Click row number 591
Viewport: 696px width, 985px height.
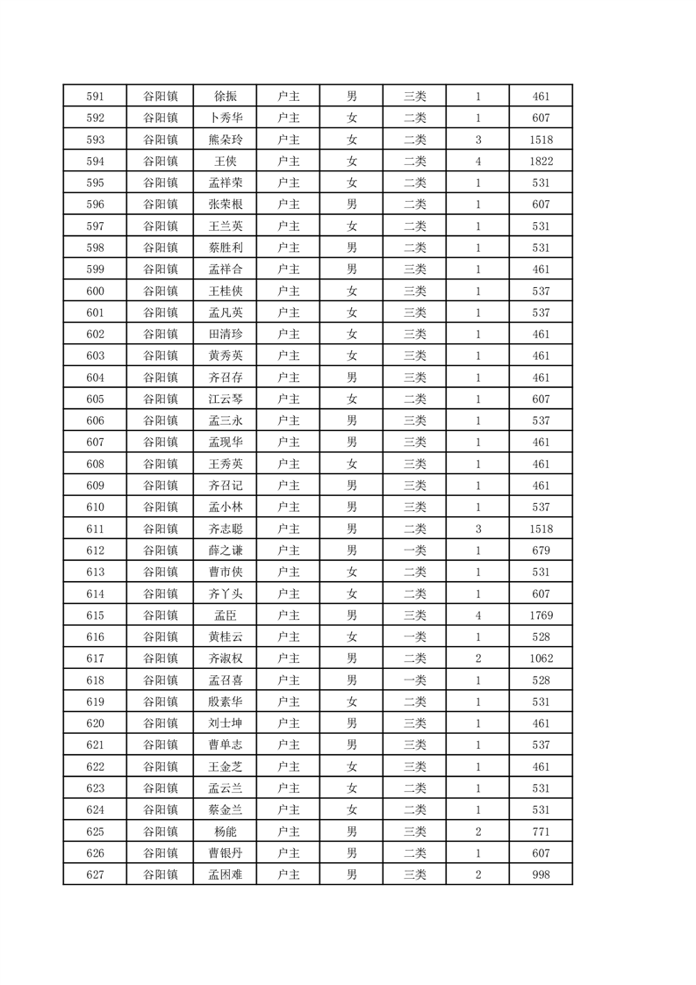(x=95, y=96)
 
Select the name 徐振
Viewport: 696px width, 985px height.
(x=225, y=96)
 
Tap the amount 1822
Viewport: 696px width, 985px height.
(x=541, y=161)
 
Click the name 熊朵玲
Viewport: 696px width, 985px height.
(x=225, y=140)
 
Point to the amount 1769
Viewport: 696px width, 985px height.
(x=541, y=615)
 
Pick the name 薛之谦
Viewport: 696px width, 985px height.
(x=225, y=550)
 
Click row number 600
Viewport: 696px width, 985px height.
(x=95, y=291)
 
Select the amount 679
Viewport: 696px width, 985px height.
(x=541, y=550)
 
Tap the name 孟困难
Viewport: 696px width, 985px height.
(x=225, y=874)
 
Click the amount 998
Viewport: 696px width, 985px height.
(x=541, y=874)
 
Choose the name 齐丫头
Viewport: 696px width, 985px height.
(x=225, y=593)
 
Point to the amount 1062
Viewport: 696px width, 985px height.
(x=541, y=658)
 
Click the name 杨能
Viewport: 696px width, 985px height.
(x=225, y=831)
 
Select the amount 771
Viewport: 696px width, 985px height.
(x=541, y=831)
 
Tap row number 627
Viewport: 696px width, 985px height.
(x=95, y=874)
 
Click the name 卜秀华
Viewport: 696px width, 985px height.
(x=225, y=118)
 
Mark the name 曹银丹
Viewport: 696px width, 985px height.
(x=225, y=853)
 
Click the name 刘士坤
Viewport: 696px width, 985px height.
(x=225, y=723)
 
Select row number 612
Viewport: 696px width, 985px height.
(x=95, y=550)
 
